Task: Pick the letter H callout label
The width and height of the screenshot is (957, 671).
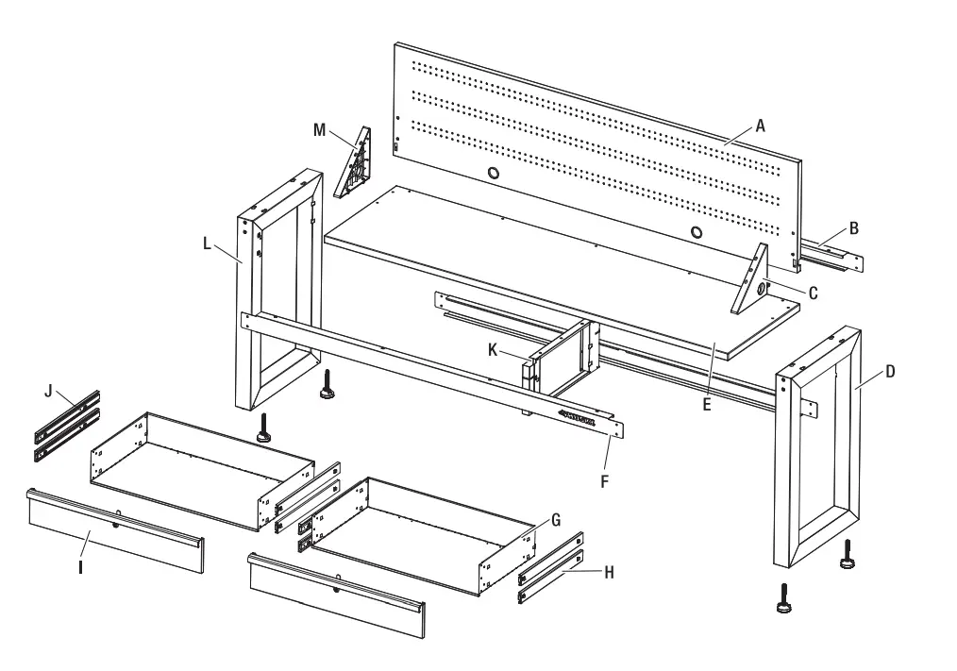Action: [x=609, y=571]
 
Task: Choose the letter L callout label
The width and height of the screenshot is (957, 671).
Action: [x=208, y=243]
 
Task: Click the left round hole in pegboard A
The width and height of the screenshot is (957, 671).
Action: [x=494, y=173]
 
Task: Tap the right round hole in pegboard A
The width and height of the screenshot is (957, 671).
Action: [x=697, y=232]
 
